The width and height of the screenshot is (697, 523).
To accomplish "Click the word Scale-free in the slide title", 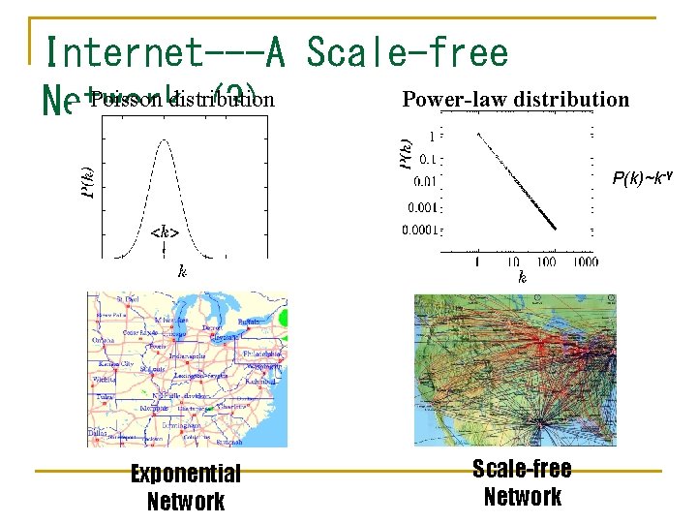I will pos(408,52).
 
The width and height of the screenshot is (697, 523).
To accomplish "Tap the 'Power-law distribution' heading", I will pos(515,99).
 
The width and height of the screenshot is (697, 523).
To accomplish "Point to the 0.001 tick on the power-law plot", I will pos(421,206).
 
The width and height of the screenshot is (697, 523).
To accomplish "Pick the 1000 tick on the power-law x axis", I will pos(584,261).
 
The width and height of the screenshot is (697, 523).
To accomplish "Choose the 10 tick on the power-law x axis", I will pos(511,261).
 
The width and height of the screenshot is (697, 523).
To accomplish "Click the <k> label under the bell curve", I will pos(166,231).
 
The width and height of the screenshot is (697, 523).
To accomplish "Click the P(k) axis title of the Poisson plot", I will pos(87,183).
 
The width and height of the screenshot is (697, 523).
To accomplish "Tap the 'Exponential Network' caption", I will pos(186,487).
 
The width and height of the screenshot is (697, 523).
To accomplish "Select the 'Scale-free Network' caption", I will pos(522,482).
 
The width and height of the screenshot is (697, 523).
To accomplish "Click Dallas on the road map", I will pos(96,431).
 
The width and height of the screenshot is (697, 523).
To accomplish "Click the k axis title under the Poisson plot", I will pos(181,272).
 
